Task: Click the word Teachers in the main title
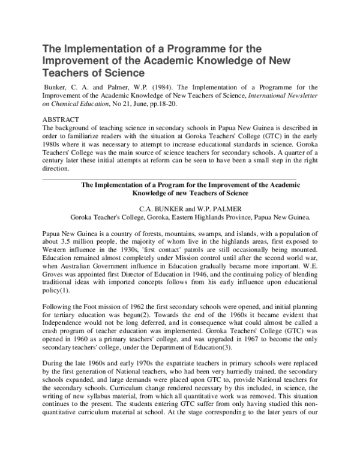pyautogui.click(x=69, y=73)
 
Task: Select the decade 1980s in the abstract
pyautogui.click(x=55, y=145)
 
